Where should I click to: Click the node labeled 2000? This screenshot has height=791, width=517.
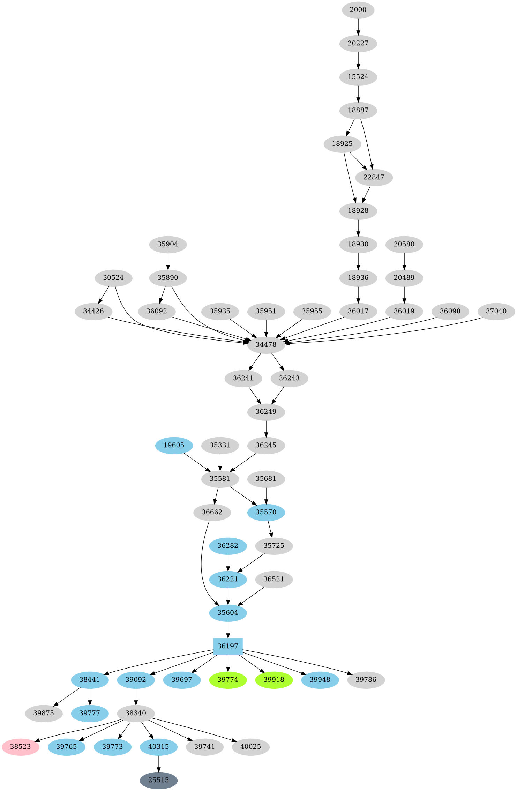click(x=358, y=10)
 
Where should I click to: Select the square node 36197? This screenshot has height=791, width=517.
click(x=228, y=646)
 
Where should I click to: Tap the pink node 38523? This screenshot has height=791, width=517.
click(x=21, y=747)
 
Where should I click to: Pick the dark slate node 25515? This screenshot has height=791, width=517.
click(x=159, y=780)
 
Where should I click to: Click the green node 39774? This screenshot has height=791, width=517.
click(x=228, y=680)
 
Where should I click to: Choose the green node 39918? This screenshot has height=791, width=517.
click(x=274, y=680)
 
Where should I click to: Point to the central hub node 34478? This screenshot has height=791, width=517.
click(x=266, y=345)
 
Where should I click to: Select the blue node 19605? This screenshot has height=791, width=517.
click(x=174, y=445)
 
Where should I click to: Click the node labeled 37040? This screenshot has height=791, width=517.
click(x=496, y=311)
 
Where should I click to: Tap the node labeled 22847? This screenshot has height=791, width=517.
click(x=374, y=177)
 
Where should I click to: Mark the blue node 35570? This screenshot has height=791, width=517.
click(x=266, y=512)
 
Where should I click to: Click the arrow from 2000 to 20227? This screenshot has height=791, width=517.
click(x=358, y=27)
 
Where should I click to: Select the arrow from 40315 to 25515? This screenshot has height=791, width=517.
click(x=159, y=763)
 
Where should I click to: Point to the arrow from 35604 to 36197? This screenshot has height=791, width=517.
click(x=228, y=629)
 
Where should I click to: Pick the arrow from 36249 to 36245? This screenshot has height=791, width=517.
click(x=266, y=428)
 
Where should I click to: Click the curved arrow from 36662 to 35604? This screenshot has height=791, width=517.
click(x=202, y=565)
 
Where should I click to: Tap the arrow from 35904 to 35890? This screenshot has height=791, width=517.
click(x=168, y=261)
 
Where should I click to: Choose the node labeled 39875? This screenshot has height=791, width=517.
click(x=44, y=713)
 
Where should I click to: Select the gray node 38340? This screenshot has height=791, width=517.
click(x=136, y=713)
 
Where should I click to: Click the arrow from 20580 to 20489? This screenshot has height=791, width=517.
click(x=404, y=261)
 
